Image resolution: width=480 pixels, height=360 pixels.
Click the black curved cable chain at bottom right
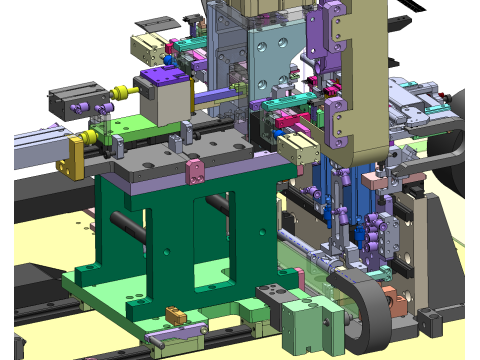tap(368, 301)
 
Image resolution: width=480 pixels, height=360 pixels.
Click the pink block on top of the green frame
tap(194, 172)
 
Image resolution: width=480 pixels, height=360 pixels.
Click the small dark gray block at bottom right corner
tap(430, 321)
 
